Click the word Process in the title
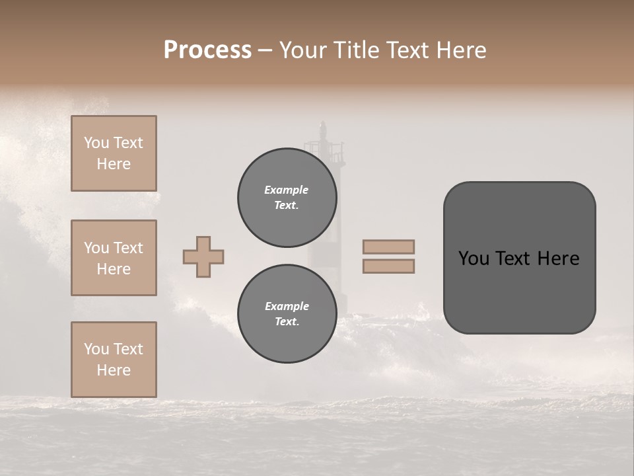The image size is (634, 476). tap(207, 50)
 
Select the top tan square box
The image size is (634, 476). tap(114, 153)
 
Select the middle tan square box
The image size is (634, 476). tap(114, 258)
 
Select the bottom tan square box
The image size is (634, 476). tap(114, 360)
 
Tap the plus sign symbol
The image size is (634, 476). tap(203, 257)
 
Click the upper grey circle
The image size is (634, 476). tap(287, 198)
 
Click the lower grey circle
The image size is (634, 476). tap(287, 314)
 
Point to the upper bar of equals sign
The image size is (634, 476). tap(388, 247)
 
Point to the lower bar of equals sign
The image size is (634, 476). tap(388, 266)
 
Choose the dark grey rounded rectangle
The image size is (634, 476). tap(519, 291)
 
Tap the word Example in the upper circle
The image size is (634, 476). tap(287, 190)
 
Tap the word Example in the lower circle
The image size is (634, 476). tap(287, 306)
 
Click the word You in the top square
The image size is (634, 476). tap(96, 143)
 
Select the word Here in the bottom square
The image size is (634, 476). tap(114, 370)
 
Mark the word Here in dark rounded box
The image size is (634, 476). tap(558, 258)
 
